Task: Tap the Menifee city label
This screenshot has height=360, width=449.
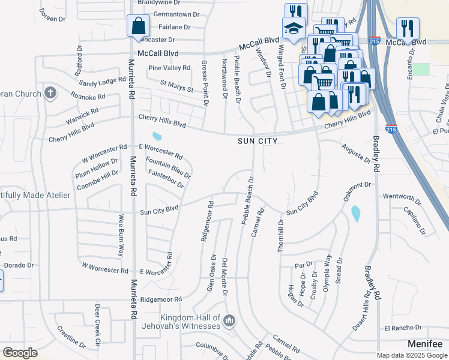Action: tap(424, 344)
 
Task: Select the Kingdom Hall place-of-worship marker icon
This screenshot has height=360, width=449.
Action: tap(228, 322)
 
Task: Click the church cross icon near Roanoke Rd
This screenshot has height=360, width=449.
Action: tap(50, 93)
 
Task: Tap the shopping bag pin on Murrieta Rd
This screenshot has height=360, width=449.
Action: tap(139, 27)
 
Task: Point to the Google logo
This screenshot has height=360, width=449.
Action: tap(19, 353)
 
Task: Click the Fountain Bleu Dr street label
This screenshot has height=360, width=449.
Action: tap(169, 168)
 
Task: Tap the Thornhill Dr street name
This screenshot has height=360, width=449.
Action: tap(280, 235)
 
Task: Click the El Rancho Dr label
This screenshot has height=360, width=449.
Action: tap(403, 328)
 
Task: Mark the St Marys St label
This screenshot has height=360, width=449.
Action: tap(176, 86)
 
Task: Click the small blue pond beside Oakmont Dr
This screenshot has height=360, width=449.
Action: tap(355, 213)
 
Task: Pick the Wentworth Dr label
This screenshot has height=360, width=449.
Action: tap(399, 196)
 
